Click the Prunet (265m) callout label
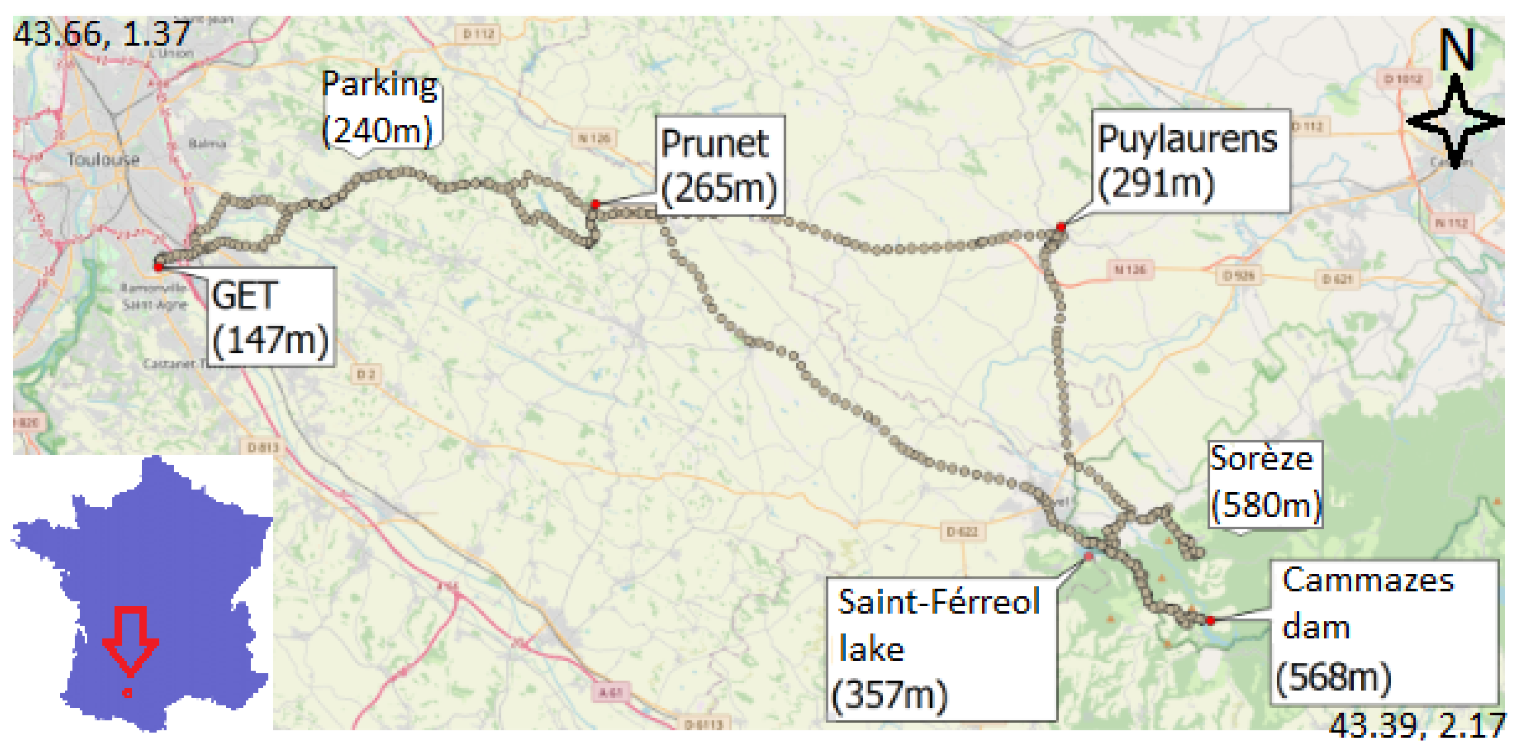pos(720,165)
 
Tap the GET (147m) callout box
pos(271,317)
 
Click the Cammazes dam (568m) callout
pos(1384,631)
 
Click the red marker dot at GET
pos(158,267)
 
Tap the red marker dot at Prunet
pos(595,204)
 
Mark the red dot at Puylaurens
pos(1061,226)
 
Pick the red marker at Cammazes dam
pos(1210,620)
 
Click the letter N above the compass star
pos(1457,50)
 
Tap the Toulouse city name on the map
pos(103,159)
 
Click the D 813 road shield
pos(263,447)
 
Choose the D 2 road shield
pos(366,374)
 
